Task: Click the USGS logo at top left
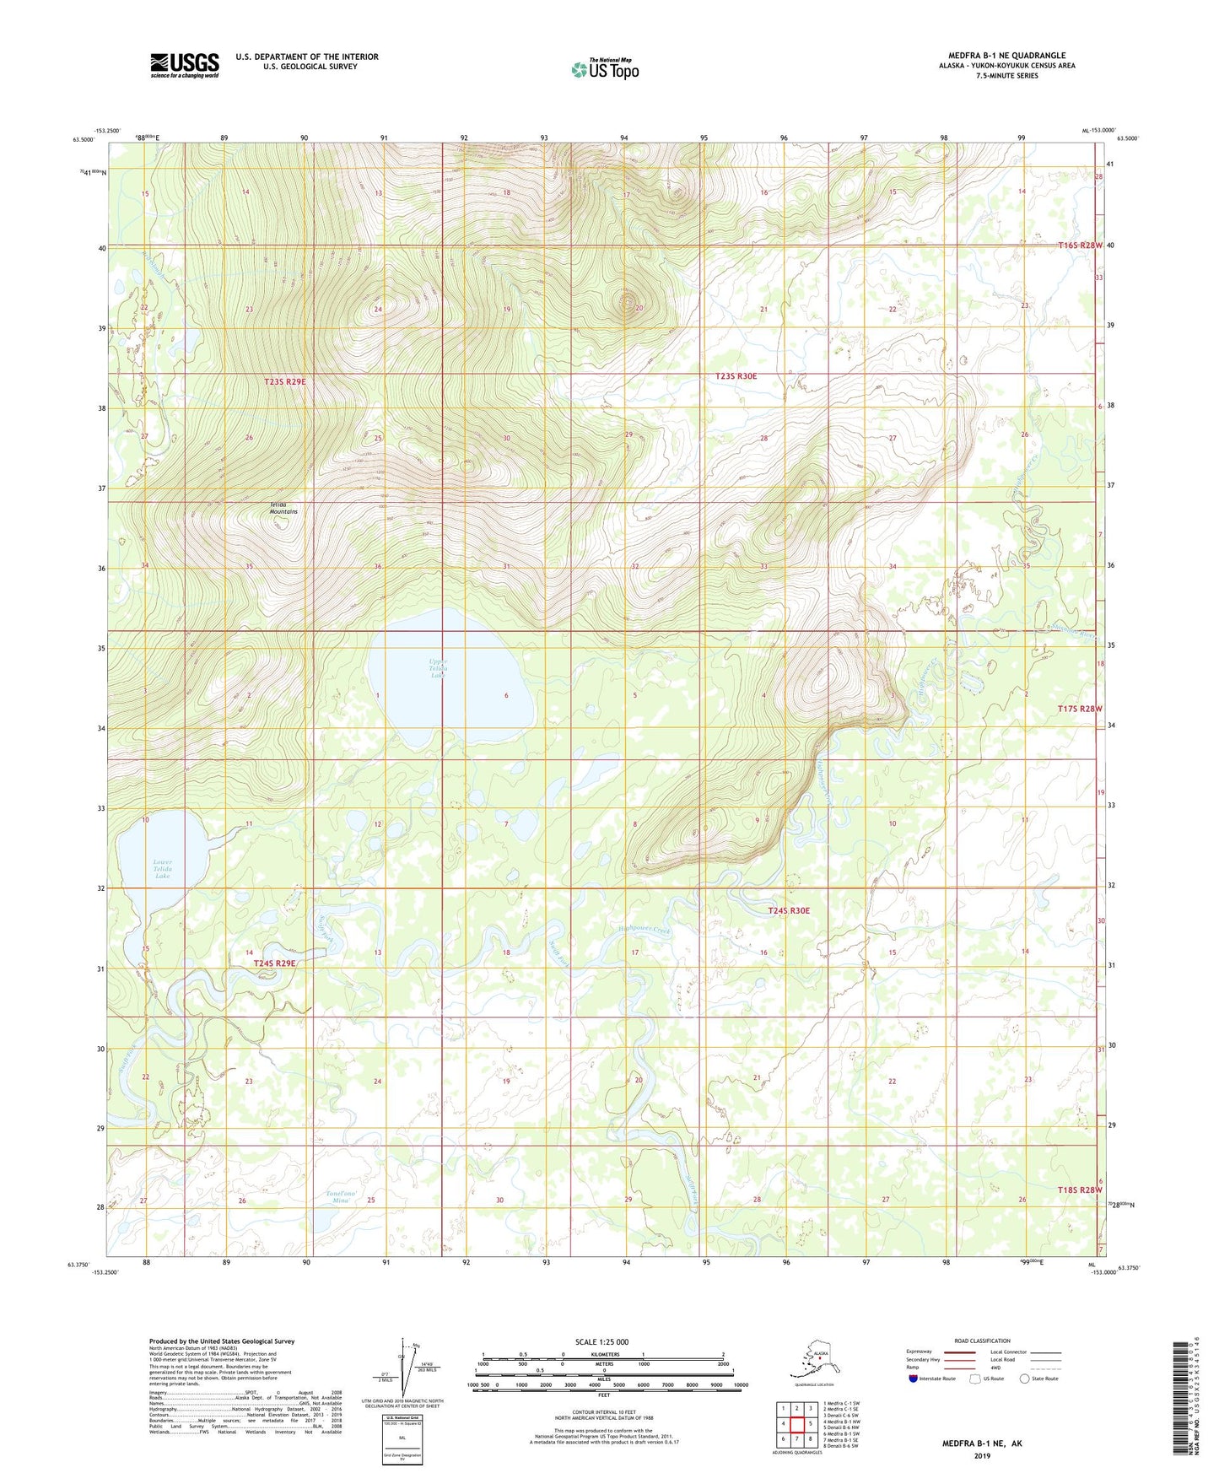tap(184, 65)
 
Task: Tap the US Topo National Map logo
tap(604, 68)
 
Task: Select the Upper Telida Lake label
tap(437, 667)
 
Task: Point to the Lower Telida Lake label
tap(163, 869)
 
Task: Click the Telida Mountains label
tap(283, 508)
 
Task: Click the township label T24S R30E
tap(789, 910)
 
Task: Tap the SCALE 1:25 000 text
tap(601, 1341)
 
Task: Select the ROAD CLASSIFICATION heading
tap(982, 1341)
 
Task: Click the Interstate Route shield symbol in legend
tap(914, 1379)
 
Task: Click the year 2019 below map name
tap(981, 1455)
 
